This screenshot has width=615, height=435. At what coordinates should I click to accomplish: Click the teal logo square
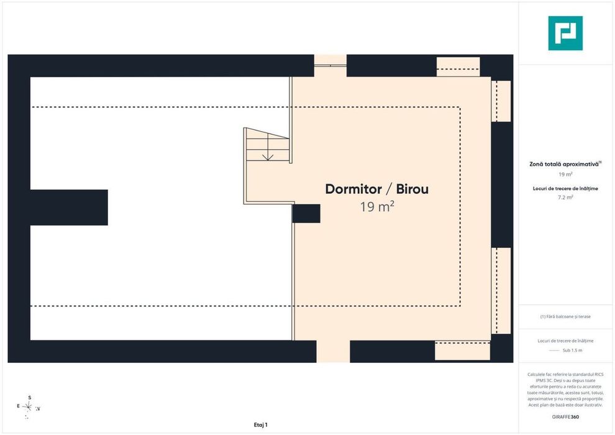pyautogui.click(x=565, y=34)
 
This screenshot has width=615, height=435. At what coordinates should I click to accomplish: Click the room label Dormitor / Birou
pyautogui.click(x=377, y=189)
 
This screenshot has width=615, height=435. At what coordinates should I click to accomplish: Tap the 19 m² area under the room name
pyautogui.click(x=377, y=206)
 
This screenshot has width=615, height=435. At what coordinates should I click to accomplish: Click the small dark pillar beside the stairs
pyautogui.click(x=306, y=213)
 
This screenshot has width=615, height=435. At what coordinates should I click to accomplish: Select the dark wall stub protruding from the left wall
pyautogui.click(x=69, y=208)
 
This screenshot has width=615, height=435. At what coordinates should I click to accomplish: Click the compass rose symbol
pyautogui.click(x=28, y=407)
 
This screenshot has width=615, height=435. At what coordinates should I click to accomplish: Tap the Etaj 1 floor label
pyautogui.click(x=261, y=425)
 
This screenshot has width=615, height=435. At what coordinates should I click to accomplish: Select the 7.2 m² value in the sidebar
pyautogui.click(x=565, y=197)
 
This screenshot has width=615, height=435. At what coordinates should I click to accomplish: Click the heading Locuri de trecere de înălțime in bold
pyautogui.click(x=565, y=189)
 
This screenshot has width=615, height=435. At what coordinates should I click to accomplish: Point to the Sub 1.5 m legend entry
pyautogui.click(x=572, y=350)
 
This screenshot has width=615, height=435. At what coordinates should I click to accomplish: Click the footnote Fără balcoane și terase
pyautogui.click(x=565, y=316)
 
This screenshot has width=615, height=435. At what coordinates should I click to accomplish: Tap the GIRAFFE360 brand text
pyautogui.click(x=565, y=417)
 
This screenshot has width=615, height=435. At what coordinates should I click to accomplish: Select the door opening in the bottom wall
pyautogui.click(x=333, y=352)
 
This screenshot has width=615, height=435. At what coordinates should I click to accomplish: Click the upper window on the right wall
pyautogui.click(x=501, y=101)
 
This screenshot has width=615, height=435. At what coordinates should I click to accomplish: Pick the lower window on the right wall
pyautogui.click(x=501, y=291)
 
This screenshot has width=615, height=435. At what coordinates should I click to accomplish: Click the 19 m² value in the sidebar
pyautogui.click(x=565, y=174)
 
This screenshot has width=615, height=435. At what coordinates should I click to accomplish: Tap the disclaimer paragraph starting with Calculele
pyautogui.click(x=565, y=390)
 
